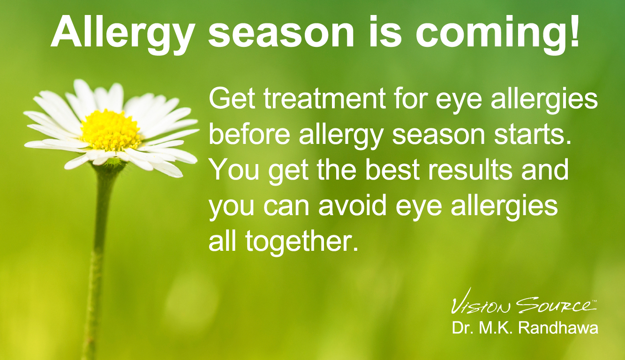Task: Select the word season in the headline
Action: tap(281, 35)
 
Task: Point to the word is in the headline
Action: tap(385, 31)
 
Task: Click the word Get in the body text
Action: tap(232, 98)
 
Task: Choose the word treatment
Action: tap(325, 98)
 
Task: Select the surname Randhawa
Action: tap(558, 328)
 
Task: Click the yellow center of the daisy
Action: tap(111, 130)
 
